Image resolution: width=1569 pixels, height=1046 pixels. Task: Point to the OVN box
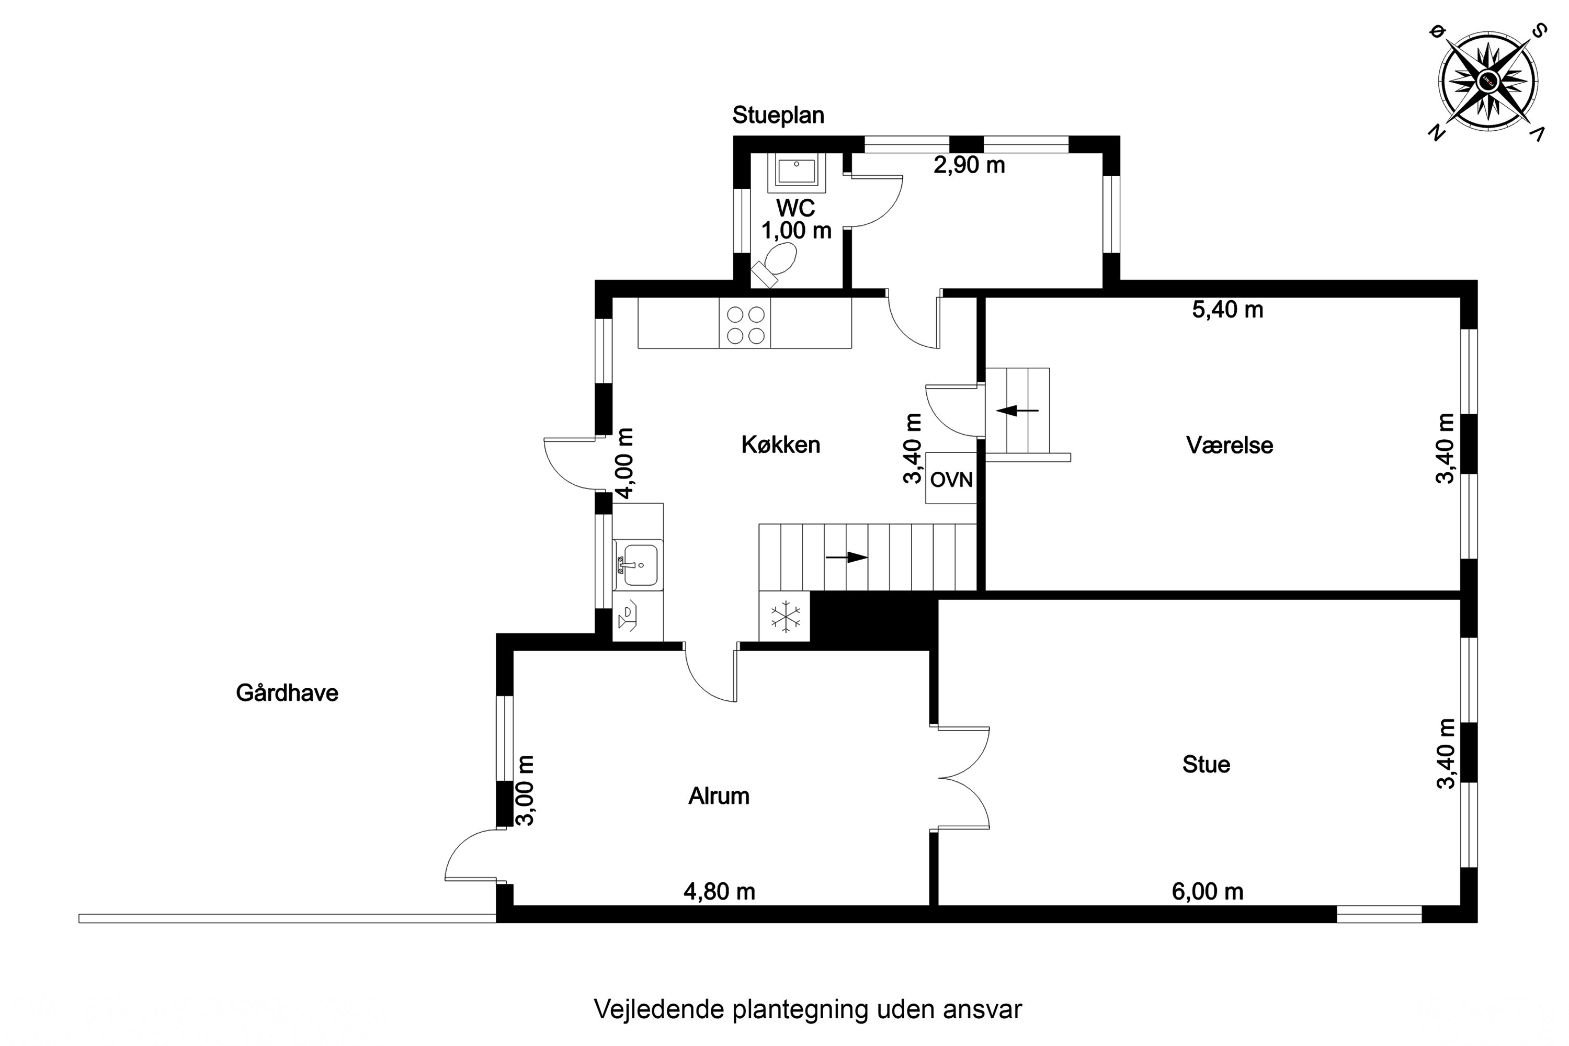pos(951,479)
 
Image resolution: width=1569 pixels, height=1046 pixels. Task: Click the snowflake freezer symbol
pos(784,617)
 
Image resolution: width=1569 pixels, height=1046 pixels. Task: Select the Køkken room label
pos(780,445)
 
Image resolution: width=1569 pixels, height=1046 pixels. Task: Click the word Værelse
pos(1230,446)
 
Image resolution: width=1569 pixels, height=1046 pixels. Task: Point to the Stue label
pos(1206,765)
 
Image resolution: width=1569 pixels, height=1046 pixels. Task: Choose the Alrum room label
pos(719,797)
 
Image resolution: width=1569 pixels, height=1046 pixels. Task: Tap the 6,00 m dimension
pos(1208,892)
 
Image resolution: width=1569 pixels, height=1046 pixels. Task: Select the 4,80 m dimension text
pos(719,892)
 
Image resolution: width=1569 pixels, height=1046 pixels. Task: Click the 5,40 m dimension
pos(1227,310)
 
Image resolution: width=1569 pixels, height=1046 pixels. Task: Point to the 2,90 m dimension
pos(969,165)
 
